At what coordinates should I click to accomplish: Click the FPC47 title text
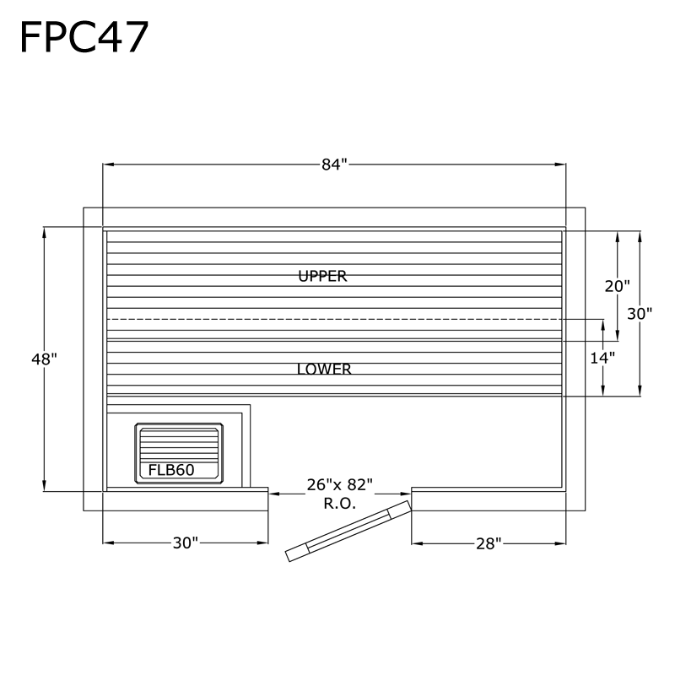[84, 37]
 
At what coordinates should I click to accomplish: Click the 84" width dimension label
[334, 165]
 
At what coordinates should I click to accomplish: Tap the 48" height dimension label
[44, 359]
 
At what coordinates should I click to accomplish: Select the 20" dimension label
[617, 286]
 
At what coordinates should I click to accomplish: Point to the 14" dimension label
[602, 357]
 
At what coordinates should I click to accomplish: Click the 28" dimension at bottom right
[488, 543]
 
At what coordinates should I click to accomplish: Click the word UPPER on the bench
[322, 276]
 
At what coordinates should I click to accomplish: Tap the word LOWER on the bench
[324, 370]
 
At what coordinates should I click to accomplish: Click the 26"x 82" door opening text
[339, 485]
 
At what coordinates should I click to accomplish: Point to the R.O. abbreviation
[339, 503]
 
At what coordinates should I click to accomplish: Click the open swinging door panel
[348, 529]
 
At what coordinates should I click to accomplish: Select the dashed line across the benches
[334, 320]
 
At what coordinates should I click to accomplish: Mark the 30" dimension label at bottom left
[185, 543]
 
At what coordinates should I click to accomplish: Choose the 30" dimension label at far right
[640, 313]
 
